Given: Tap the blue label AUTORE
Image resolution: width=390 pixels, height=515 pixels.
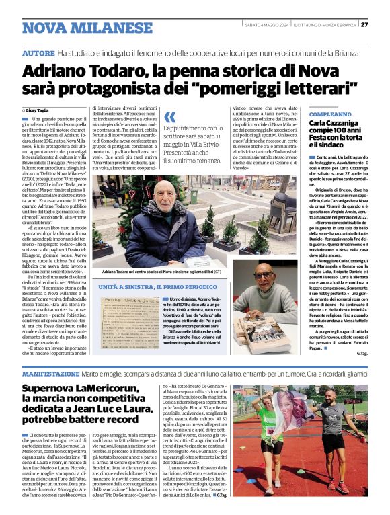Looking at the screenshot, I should coord(38,52).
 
